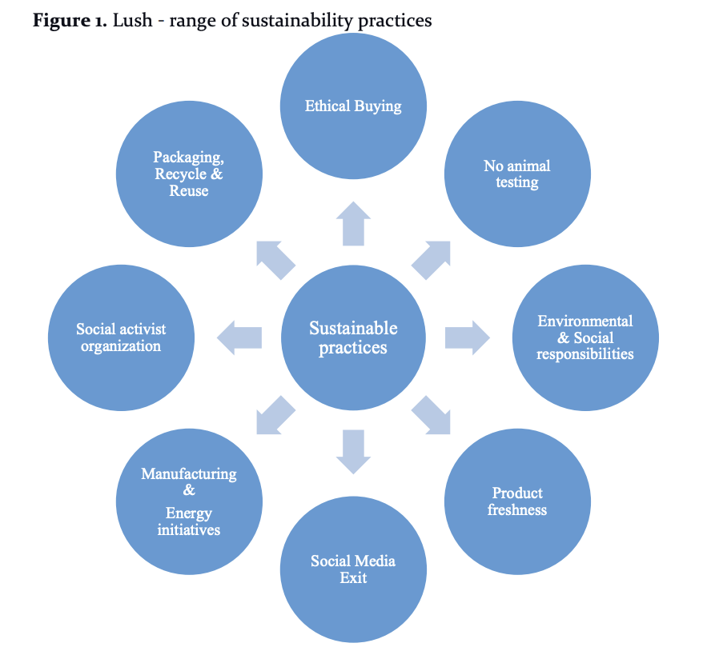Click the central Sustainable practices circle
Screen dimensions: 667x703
pos(353,337)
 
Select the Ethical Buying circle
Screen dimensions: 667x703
pos(353,106)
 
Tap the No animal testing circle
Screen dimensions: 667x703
pos(517,174)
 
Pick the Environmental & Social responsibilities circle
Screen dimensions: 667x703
pos(585,337)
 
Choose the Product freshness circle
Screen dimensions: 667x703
pos(517,501)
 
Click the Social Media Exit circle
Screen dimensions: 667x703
pos(353,569)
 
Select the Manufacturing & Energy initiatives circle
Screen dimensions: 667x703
pos(189,501)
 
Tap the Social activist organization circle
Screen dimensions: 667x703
pos(121,337)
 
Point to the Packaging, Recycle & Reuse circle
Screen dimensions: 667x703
pos(189,174)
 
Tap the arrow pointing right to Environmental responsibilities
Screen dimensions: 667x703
pos(467,337)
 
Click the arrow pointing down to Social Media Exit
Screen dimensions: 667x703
pos(353,452)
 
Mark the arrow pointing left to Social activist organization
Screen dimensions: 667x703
pos(239,337)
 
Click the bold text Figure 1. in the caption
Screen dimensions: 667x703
pos(70,20)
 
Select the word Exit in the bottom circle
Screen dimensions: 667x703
pos(353,577)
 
